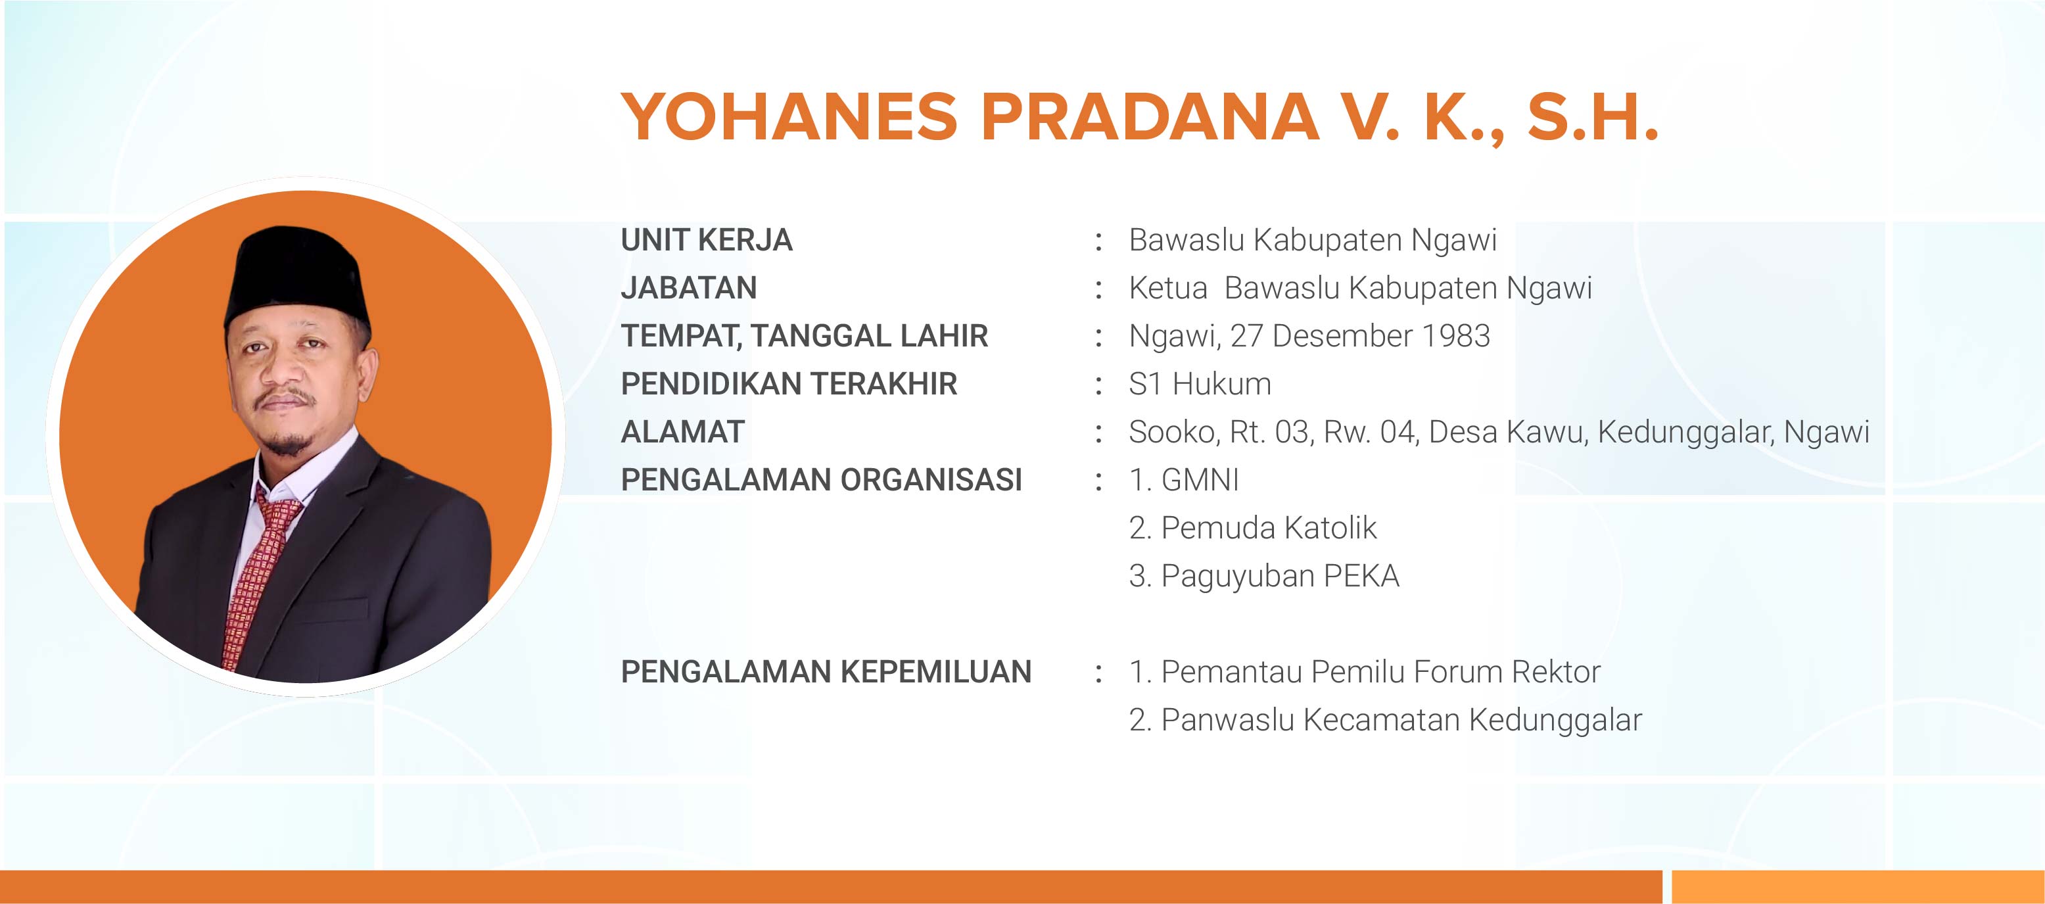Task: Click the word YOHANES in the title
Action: [790, 118]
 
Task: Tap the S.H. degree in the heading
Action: [1593, 118]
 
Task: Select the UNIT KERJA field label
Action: [707, 240]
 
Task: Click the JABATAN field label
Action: [689, 287]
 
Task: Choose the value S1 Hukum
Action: [1200, 384]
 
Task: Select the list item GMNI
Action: [1200, 480]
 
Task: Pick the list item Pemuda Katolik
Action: [1269, 528]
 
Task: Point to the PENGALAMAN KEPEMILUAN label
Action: [826, 672]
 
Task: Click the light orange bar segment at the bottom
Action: [1858, 886]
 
